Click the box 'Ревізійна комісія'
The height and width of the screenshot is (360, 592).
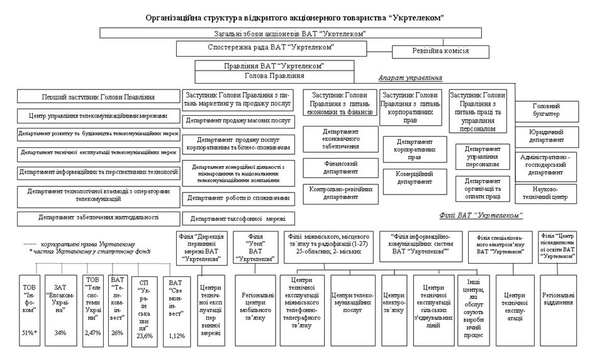[440, 53]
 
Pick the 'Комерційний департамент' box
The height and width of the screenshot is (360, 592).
[415, 177]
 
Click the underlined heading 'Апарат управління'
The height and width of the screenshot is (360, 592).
[410, 78]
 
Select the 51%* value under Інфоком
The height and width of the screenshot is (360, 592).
[29, 332]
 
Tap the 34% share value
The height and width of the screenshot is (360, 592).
[60, 332]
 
